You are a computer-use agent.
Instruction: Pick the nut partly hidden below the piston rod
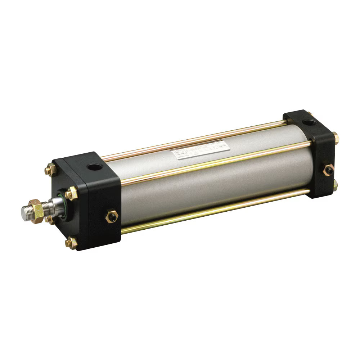pos(48,219)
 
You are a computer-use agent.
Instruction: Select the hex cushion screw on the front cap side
pos(111,216)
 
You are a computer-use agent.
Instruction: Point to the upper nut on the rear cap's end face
pos(336,138)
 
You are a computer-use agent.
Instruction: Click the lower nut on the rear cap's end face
pos(336,185)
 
